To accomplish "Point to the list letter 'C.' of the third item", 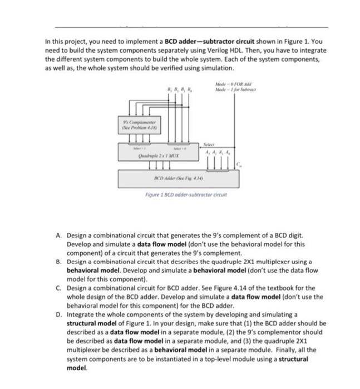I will pos(59,288).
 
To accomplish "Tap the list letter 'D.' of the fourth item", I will pos(59,314).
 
